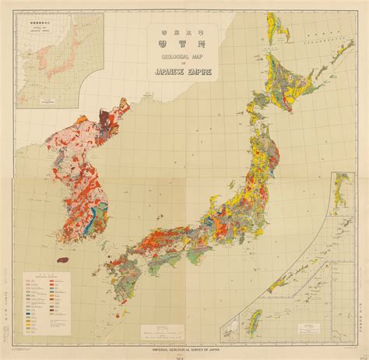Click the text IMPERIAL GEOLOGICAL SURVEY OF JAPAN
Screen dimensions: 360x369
[x=184, y=348]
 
